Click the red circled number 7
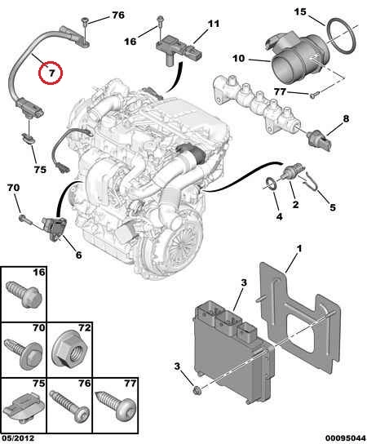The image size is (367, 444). pos(51,72)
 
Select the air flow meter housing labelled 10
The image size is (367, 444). pos(297,58)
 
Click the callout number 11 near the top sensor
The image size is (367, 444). pos(214,24)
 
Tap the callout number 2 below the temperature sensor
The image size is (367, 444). pos(295,204)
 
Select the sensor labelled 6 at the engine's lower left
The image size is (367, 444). pos(54,229)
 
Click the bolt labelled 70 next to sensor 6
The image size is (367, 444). pos(23,218)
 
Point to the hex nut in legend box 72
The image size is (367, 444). pos(70,349)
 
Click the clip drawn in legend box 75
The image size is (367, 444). pos(26,405)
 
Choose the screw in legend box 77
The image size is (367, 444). pos(117,404)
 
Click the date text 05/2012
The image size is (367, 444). pos(17,438)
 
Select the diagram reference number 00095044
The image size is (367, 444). pos(345,438)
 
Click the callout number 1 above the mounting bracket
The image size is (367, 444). pos(298,249)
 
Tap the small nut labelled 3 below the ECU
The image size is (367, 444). pos(197,391)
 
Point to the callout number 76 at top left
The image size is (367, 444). pos(118,15)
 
